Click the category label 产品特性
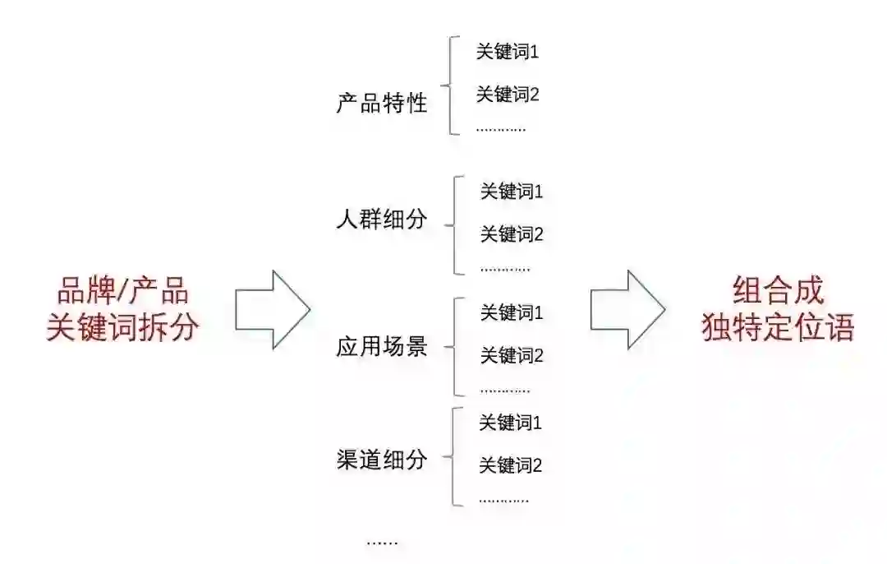point(382,104)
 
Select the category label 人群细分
point(382,220)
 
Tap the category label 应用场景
point(382,347)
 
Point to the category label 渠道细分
point(382,460)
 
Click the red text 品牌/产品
point(123,292)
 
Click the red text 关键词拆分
point(123,327)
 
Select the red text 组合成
point(778,292)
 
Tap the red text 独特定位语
point(778,327)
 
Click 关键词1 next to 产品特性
point(508,52)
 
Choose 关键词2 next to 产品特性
point(508,95)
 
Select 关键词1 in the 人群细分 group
point(512,192)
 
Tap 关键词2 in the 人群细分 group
point(512,235)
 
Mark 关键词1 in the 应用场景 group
point(512,313)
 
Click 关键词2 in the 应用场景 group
point(512,356)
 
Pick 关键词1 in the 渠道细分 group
point(510,423)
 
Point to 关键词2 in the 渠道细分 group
point(510,466)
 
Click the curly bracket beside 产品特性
point(448,85)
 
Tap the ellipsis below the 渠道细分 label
point(382,542)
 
